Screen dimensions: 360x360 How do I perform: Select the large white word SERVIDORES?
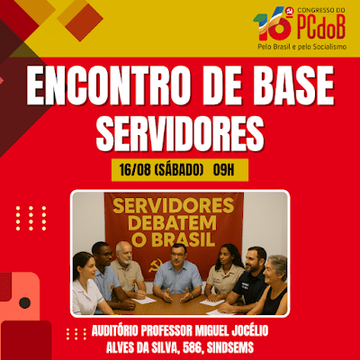click(x=180, y=133)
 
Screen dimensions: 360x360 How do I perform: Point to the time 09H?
click(x=223, y=170)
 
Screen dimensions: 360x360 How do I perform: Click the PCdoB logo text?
click(x=321, y=27)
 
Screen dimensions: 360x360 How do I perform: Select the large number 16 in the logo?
click(x=273, y=24)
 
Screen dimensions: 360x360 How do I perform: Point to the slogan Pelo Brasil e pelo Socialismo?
click(x=302, y=47)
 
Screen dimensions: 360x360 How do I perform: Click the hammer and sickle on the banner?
click(x=156, y=265)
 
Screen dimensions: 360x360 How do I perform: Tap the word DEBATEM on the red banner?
click(x=174, y=222)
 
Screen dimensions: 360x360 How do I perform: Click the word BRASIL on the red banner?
click(x=184, y=239)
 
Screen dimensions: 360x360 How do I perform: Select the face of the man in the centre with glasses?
click(x=178, y=256)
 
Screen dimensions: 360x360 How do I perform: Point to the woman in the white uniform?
click(x=87, y=285)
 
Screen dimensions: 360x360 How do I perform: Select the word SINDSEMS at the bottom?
click(x=230, y=348)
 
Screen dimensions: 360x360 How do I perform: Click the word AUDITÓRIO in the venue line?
click(x=115, y=331)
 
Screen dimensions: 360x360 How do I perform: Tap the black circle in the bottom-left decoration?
click(x=24, y=302)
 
